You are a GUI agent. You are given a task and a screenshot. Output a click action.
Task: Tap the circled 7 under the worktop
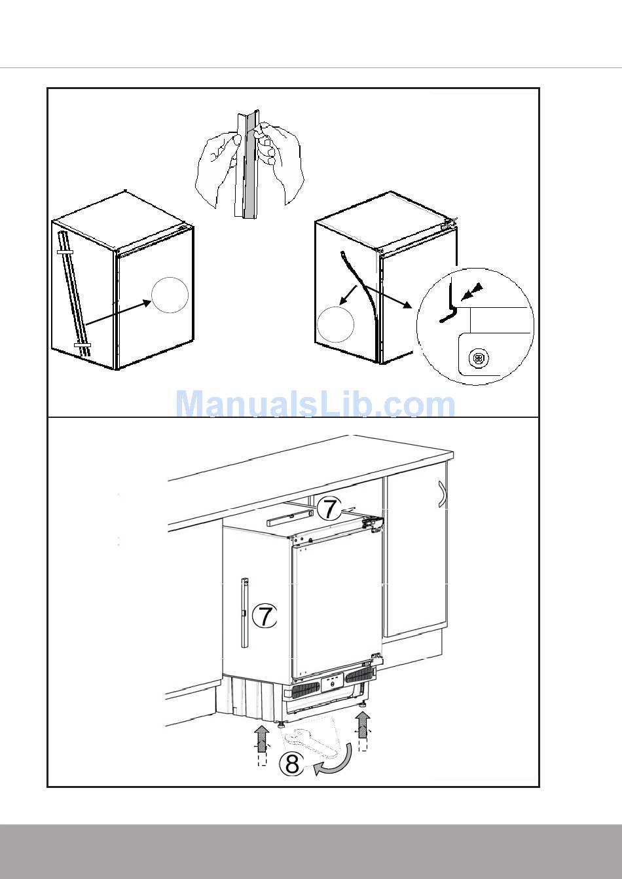point(329,508)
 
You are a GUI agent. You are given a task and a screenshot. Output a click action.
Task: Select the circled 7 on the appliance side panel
point(265,615)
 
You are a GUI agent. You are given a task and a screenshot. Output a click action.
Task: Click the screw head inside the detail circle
point(478,358)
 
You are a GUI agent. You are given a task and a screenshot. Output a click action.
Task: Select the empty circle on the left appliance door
point(170,295)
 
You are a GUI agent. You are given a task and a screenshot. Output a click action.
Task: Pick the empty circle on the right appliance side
point(335,324)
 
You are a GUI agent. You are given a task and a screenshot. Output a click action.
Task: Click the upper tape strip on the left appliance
point(65,252)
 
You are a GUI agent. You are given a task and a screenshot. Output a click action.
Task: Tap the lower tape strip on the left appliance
point(82,345)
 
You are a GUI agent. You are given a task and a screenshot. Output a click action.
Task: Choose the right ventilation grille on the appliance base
point(359,675)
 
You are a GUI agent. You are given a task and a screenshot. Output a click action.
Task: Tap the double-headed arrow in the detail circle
point(472,292)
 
